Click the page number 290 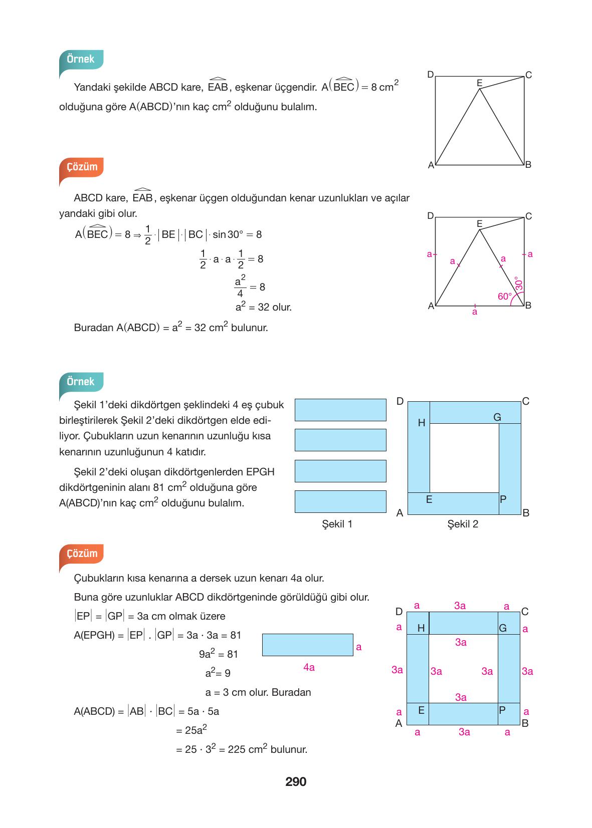pos(296,782)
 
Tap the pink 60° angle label pos(505,297)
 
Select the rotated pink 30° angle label pos(519,284)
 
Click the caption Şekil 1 pos(337,524)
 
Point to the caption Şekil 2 pos(463,524)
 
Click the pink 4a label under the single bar pos(309,667)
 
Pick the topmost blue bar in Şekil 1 pos(340,410)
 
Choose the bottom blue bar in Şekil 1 pos(340,501)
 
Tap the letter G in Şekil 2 pos(497,417)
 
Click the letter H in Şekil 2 pos(422,423)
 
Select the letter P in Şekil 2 pos(503,499)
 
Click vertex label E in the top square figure pos(479,83)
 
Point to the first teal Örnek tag pos(81,59)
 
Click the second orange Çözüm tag pos(82,554)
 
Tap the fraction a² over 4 pos(240,287)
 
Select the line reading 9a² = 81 pos(219,654)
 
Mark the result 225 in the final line pos(237,749)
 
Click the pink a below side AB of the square pos(475,312)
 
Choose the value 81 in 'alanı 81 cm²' pos(159,487)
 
